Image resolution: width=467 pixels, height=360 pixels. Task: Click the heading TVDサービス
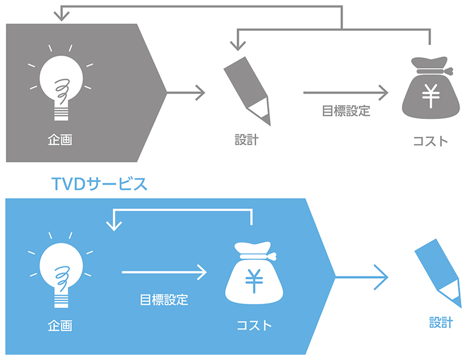[x=98, y=183]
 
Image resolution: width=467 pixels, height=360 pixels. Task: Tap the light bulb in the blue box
[x=61, y=271]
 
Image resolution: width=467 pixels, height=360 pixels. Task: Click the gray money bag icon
[x=430, y=92]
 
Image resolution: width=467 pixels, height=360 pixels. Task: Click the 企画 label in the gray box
[x=61, y=140]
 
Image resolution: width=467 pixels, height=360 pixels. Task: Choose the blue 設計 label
[x=441, y=323]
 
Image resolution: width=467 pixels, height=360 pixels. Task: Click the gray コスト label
[x=430, y=141]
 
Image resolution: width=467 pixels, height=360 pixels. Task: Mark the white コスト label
[x=254, y=326]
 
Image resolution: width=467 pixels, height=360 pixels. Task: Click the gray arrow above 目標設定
[x=346, y=92]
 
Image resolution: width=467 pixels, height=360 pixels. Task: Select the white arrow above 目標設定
[x=164, y=272]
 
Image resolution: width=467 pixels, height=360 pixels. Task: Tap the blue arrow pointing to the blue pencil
[x=362, y=277]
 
